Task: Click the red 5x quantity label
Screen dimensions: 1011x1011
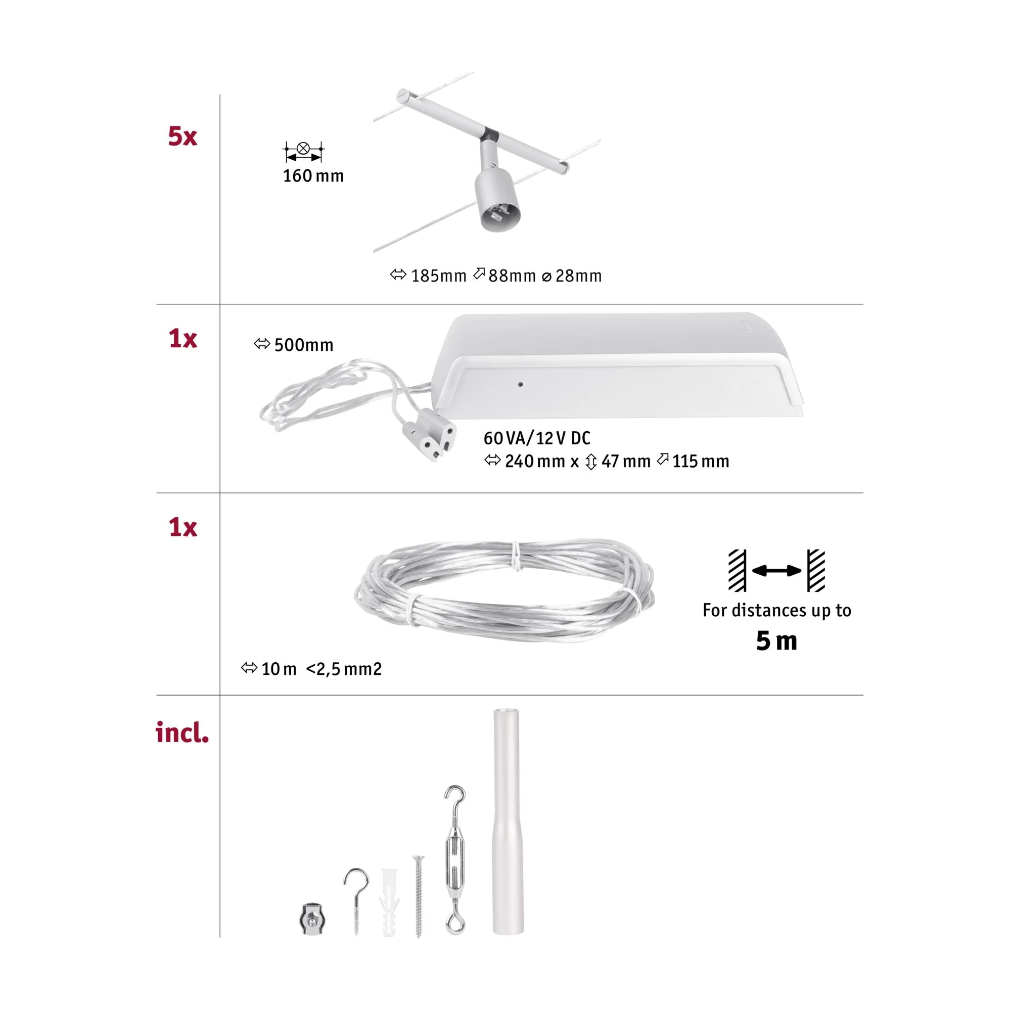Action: (x=182, y=136)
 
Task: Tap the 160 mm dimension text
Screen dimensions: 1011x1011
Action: (x=313, y=176)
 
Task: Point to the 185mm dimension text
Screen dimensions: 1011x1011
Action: (x=438, y=276)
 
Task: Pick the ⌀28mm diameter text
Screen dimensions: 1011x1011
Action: (x=571, y=276)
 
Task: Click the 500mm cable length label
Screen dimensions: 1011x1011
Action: (x=303, y=345)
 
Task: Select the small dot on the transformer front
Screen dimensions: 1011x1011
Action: (x=520, y=384)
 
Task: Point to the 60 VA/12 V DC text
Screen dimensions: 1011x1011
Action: (x=537, y=438)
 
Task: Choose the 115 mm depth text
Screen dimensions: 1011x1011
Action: (x=701, y=461)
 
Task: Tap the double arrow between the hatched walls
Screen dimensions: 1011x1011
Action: (x=776, y=570)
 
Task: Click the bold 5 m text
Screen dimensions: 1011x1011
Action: (x=776, y=640)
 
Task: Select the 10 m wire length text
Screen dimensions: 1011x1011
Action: (x=279, y=669)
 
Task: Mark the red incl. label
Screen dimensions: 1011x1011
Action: (x=182, y=732)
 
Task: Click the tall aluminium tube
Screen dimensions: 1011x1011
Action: (x=507, y=821)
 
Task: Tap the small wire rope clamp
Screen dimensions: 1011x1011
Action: (x=313, y=918)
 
